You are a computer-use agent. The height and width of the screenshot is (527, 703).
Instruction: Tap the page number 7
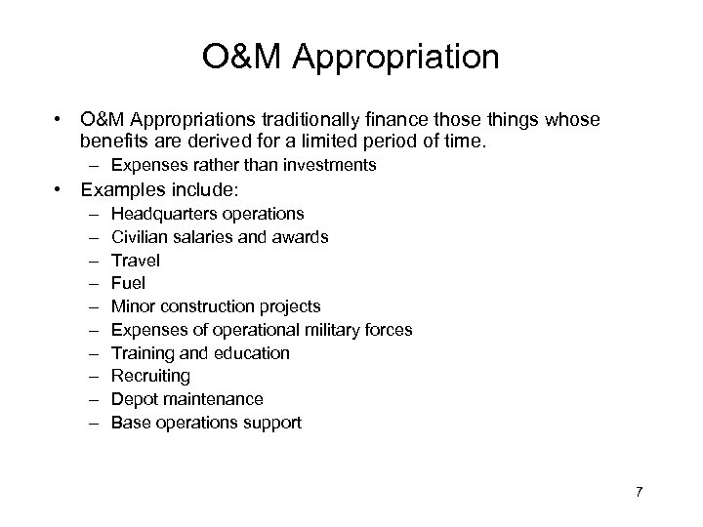coord(639,491)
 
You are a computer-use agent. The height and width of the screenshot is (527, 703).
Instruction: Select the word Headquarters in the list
coord(159,213)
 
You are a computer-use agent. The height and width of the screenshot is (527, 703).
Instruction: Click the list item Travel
coord(136,260)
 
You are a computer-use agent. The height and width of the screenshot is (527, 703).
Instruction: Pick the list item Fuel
coord(129,283)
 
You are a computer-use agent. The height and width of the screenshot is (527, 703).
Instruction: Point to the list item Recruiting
coord(151,376)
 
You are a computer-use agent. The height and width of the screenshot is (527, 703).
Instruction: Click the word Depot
coord(134,399)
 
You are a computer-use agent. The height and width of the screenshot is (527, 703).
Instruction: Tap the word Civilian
coord(141,236)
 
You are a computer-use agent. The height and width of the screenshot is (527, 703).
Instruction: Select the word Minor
coord(133,306)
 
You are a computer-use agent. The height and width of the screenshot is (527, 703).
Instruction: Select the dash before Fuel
coord(91,283)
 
